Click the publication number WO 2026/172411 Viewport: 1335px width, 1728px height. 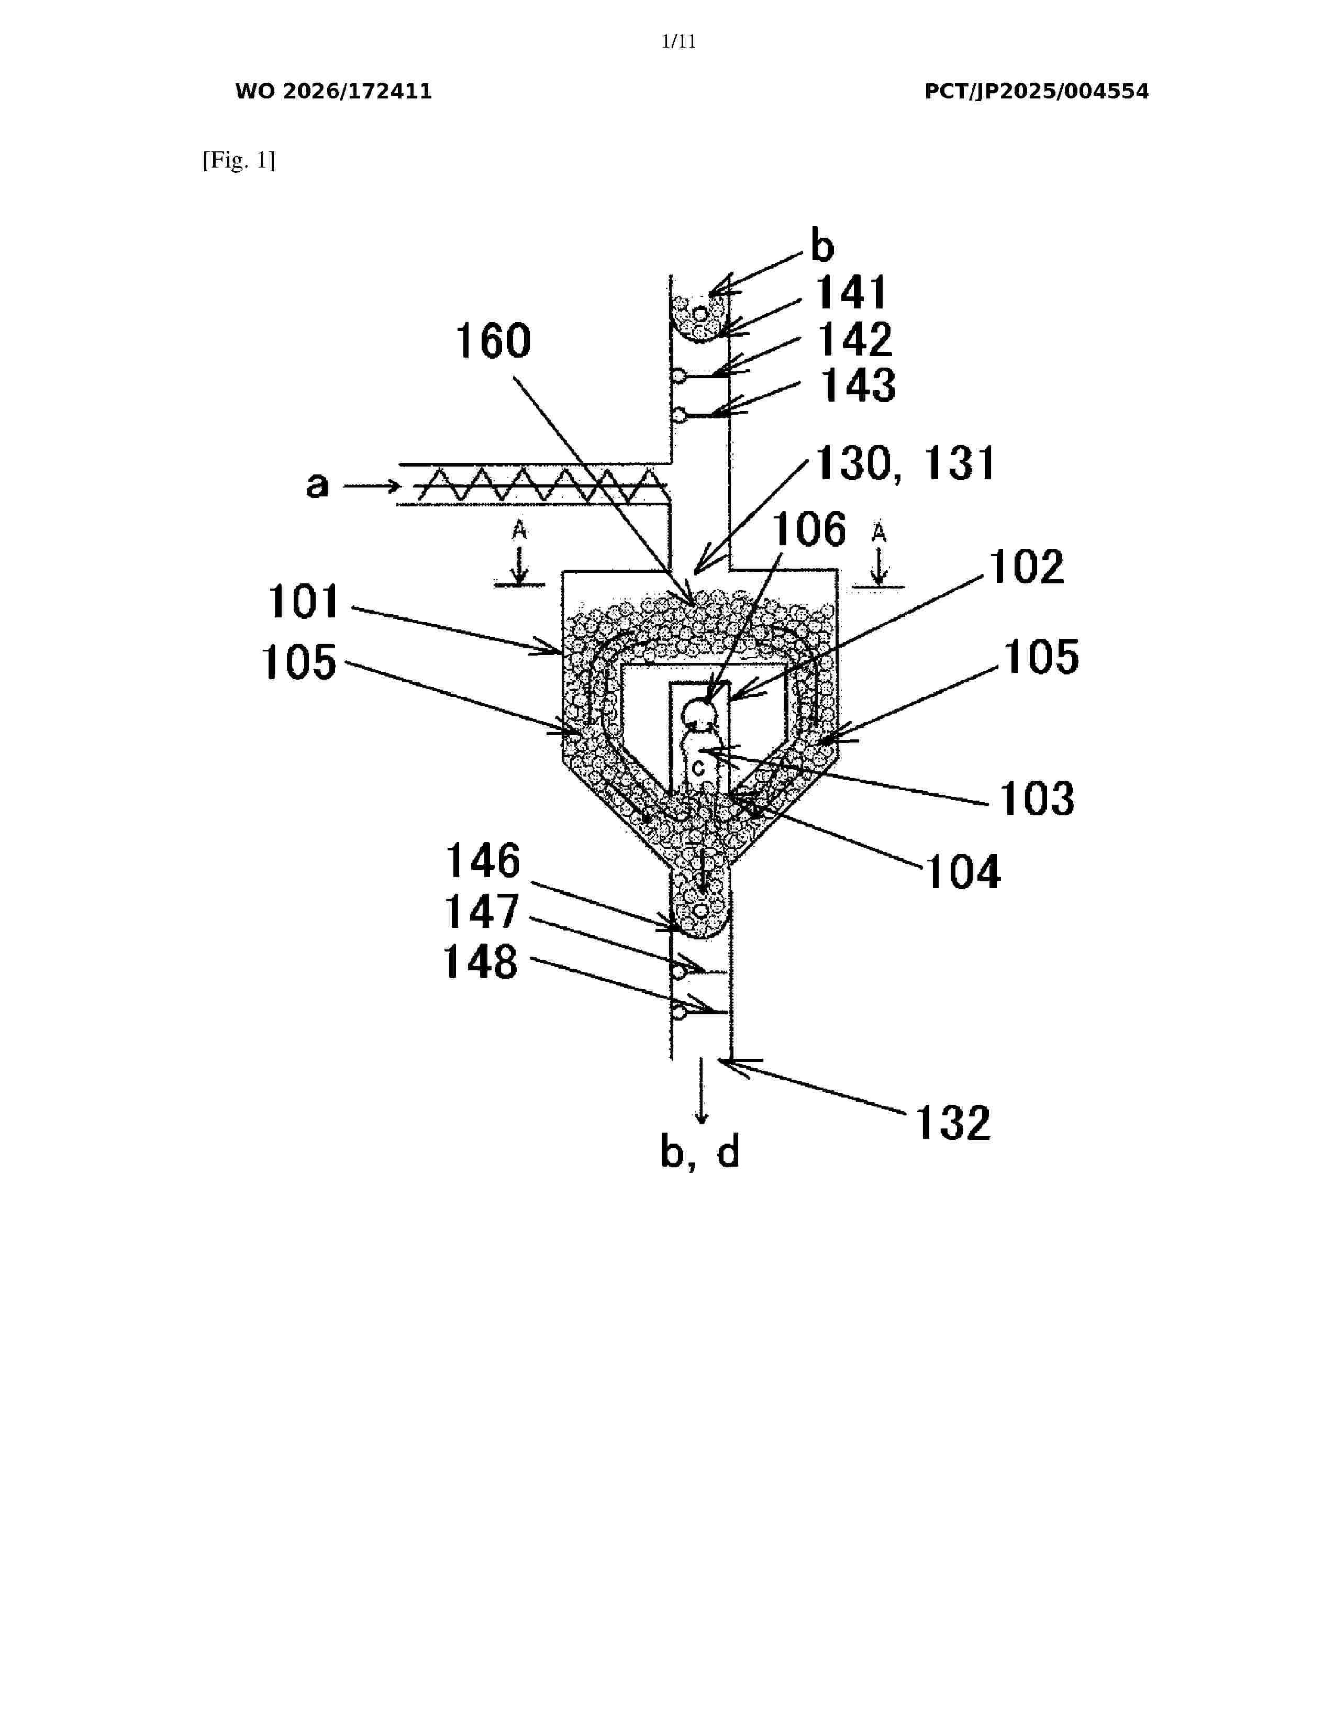click(334, 92)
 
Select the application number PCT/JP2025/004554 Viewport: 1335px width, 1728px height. click(1036, 92)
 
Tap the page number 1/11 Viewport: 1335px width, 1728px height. click(678, 42)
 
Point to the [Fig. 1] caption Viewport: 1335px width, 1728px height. click(239, 161)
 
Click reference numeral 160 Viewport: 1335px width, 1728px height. click(493, 342)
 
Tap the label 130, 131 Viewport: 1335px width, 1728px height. click(905, 463)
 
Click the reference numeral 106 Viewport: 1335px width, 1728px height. click(809, 529)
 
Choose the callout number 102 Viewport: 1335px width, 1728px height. click(1027, 567)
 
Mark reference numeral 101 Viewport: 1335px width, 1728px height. click(303, 602)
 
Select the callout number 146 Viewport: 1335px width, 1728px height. click(483, 861)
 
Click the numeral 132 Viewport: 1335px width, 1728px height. click(952, 1124)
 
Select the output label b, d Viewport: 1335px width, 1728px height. click(700, 1153)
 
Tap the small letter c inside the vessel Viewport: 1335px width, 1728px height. click(698, 768)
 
